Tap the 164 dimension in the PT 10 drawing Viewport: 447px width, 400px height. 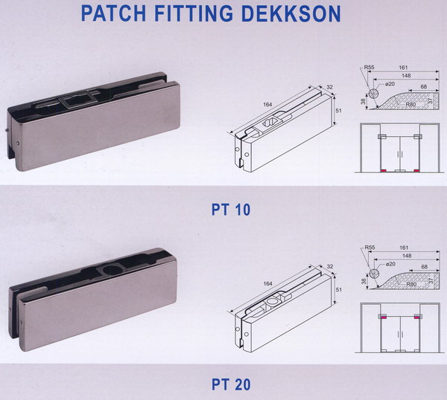tap(267, 105)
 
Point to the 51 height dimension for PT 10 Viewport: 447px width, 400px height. tap(339, 110)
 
